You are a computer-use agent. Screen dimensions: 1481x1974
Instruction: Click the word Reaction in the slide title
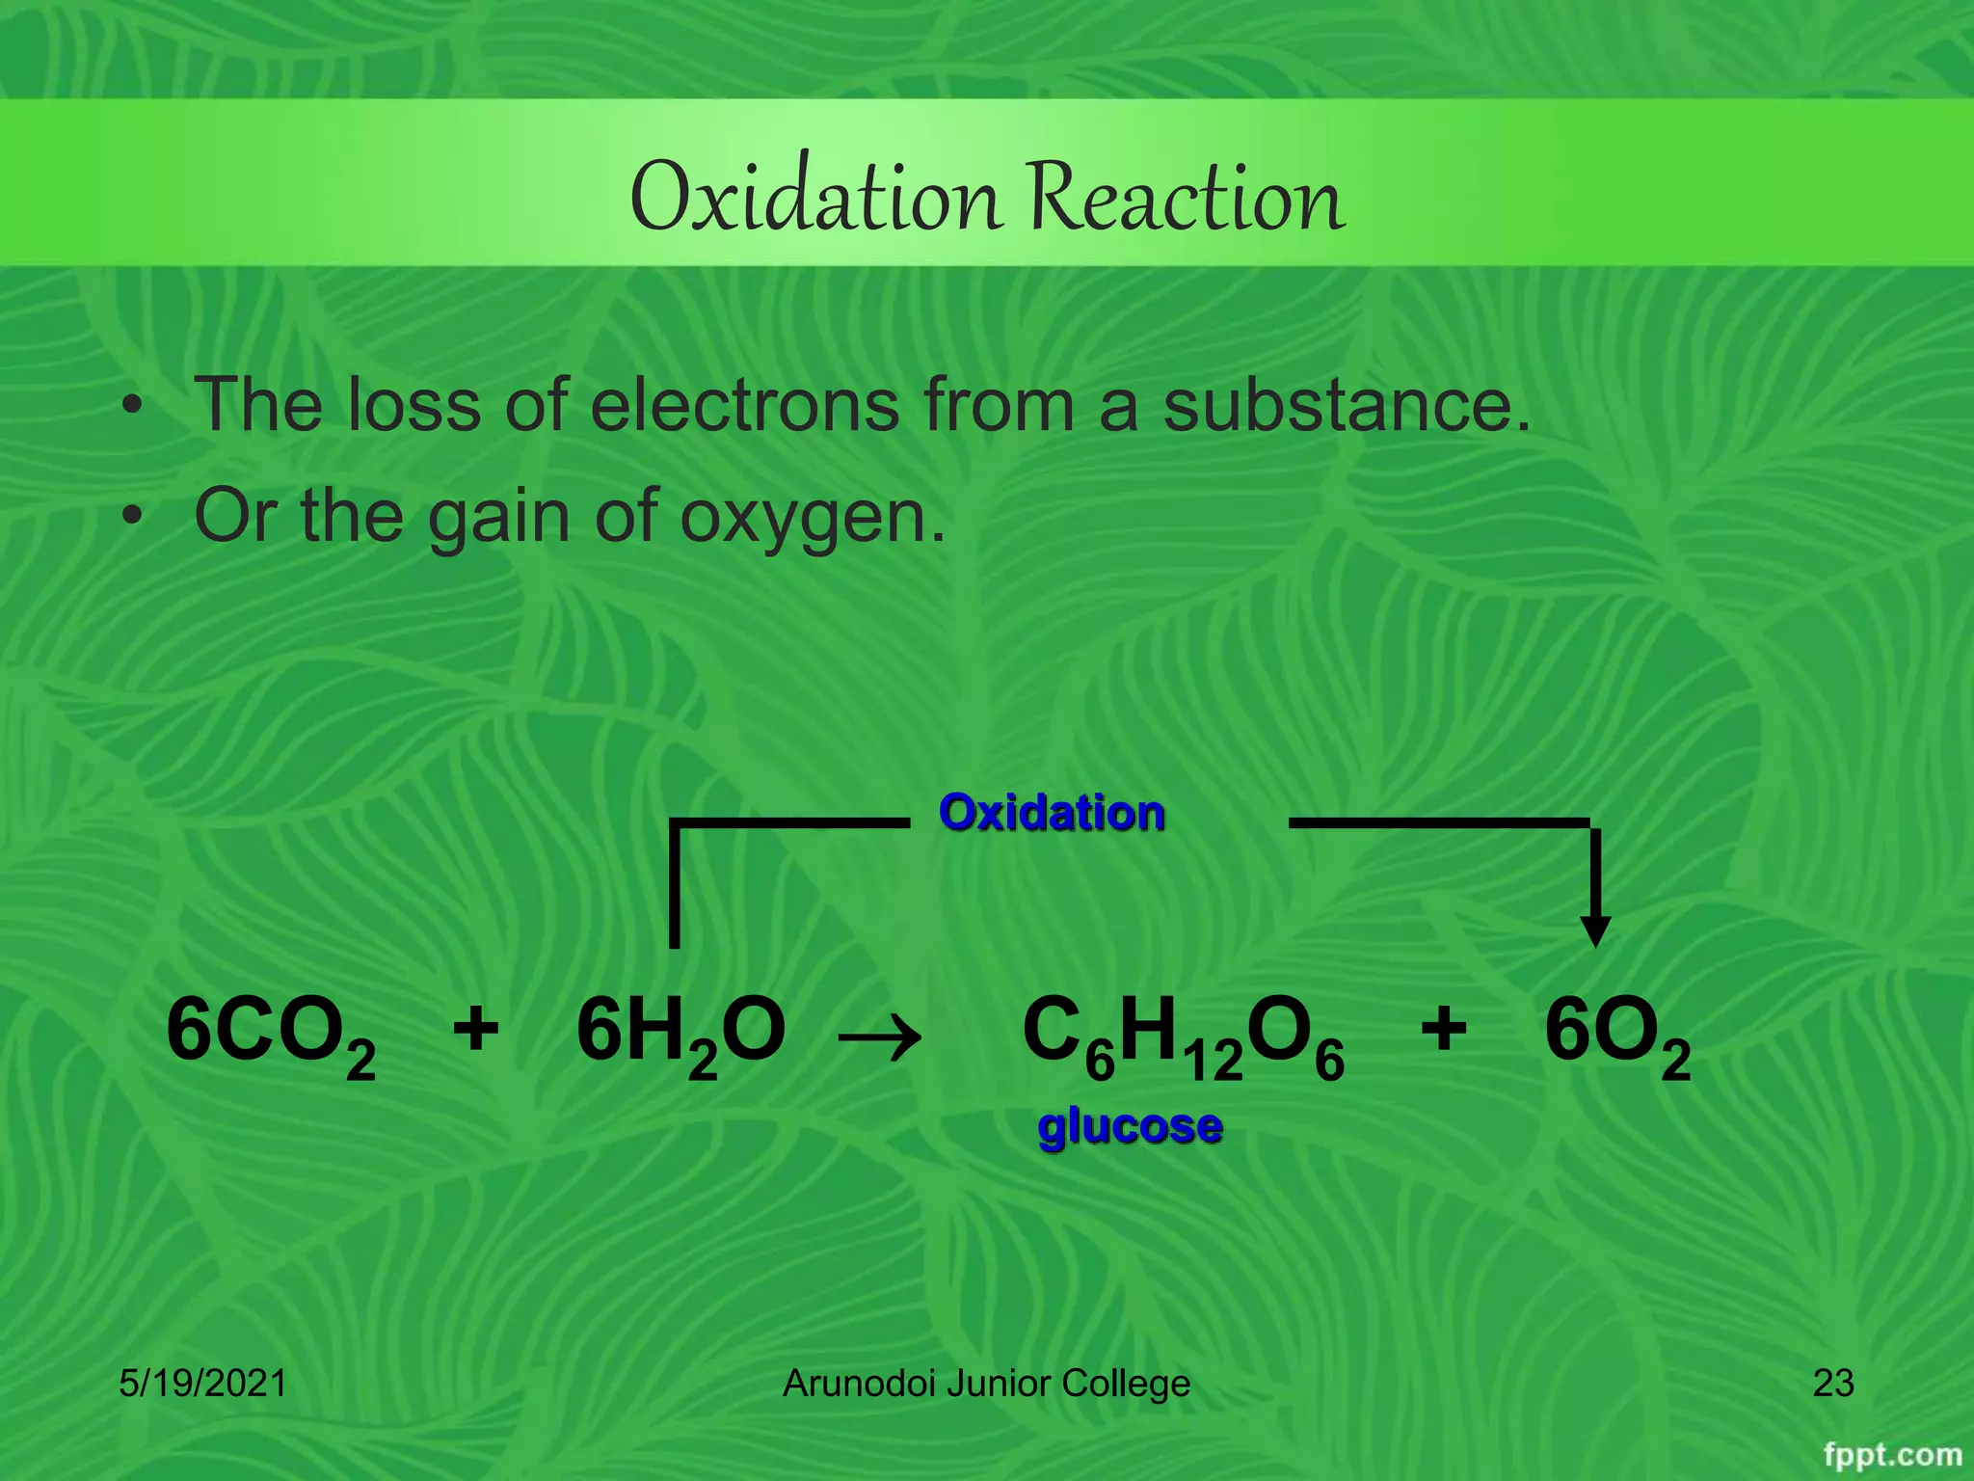pyautogui.click(x=1185, y=198)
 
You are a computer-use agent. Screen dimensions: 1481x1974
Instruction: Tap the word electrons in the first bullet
pyautogui.click(x=744, y=405)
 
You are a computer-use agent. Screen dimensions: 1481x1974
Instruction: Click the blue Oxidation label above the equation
pyautogui.click(x=1052, y=813)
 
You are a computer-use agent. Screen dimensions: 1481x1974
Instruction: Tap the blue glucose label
pyautogui.click(x=1130, y=1126)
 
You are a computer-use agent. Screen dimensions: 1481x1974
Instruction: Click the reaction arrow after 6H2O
pyautogui.click(x=879, y=1038)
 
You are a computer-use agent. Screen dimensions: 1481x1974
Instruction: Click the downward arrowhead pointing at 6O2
pyautogui.click(x=1595, y=930)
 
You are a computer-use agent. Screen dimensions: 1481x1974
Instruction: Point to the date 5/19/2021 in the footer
pyautogui.click(x=202, y=1384)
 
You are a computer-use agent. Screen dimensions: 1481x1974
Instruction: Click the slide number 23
pyautogui.click(x=1833, y=1384)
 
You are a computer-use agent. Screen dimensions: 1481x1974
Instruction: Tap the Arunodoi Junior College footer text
pyautogui.click(x=986, y=1384)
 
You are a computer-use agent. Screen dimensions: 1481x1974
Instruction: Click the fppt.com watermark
pyautogui.click(x=1892, y=1454)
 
